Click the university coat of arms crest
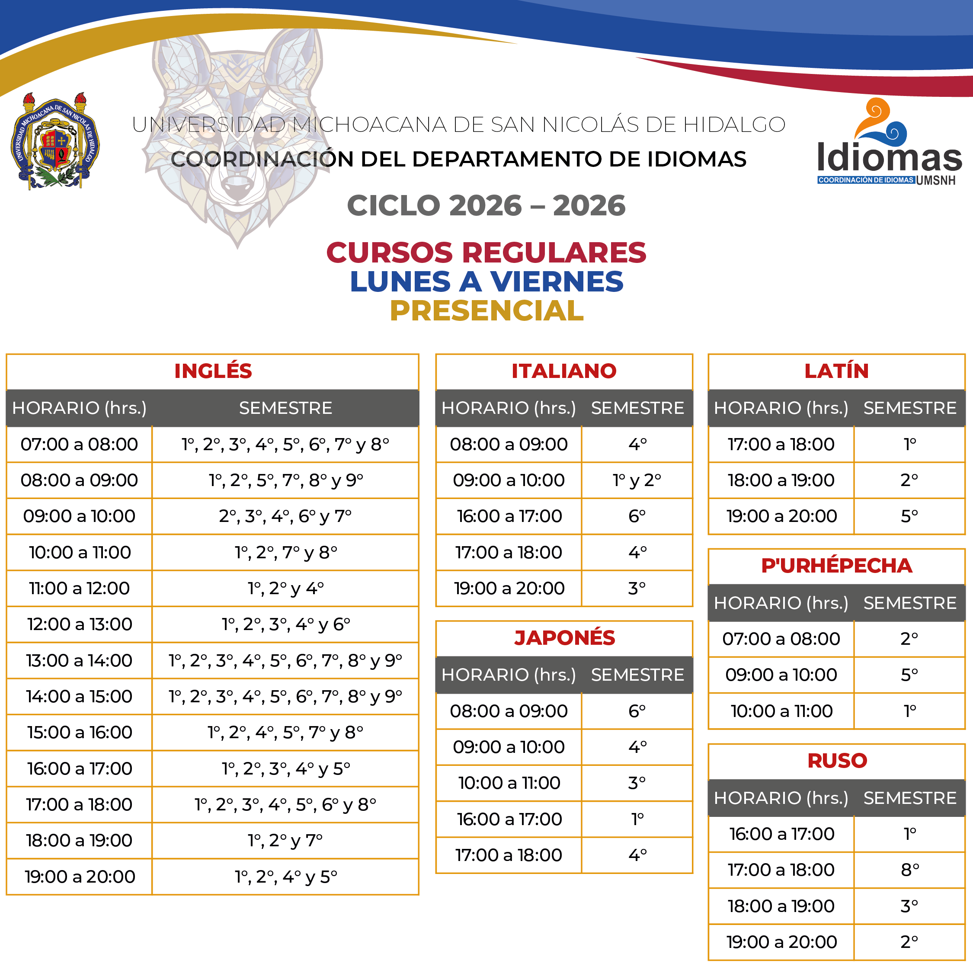coord(55,141)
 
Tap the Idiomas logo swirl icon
coord(881,121)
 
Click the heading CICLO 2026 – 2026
coord(486,205)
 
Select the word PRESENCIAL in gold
coord(486,310)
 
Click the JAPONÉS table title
coord(564,637)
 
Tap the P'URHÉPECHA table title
coord(836,566)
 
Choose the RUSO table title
coord(836,761)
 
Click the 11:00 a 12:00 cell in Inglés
coord(79,588)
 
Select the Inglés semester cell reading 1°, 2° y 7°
coord(285,841)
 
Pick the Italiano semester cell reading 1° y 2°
coord(637,480)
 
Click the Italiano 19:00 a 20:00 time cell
coord(509,588)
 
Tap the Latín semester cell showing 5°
coord(909,516)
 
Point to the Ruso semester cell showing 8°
coord(909,870)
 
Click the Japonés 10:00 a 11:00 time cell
coord(509,783)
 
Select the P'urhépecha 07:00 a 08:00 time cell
coord(781,639)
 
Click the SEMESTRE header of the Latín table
coord(909,408)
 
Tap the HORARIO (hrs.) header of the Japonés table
coord(509,675)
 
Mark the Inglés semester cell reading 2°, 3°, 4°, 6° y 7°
coord(285,516)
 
